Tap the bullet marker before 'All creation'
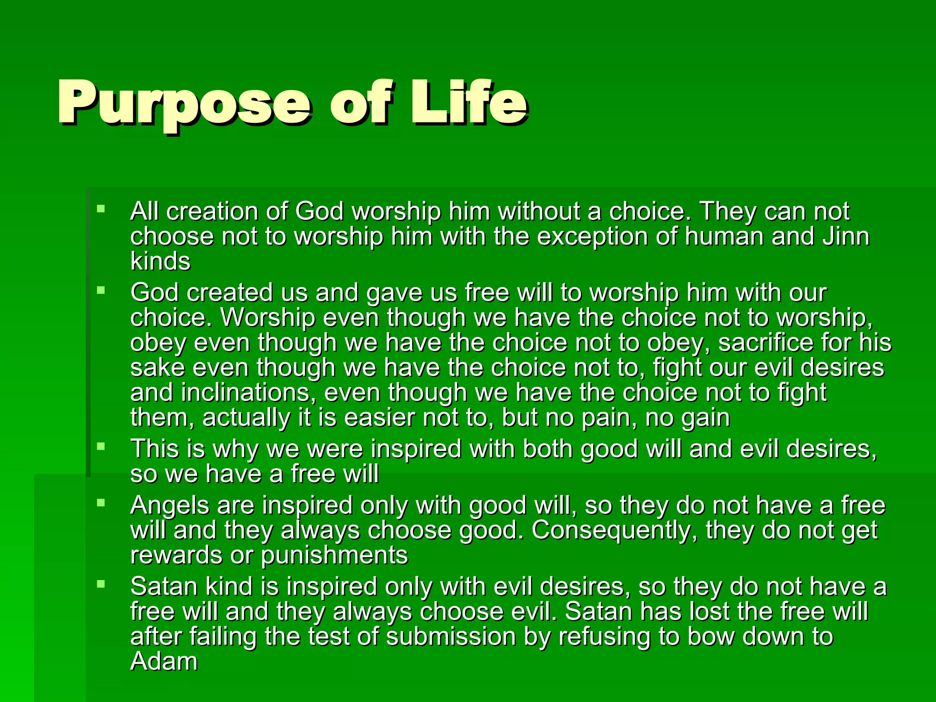click(x=101, y=209)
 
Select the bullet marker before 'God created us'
click(x=101, y=290)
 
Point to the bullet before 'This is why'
click(x=101, y=447)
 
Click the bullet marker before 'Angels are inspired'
click(x=101, y=503)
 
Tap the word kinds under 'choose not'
click(x=160, y=261)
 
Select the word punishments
click(x=334, y=555)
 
